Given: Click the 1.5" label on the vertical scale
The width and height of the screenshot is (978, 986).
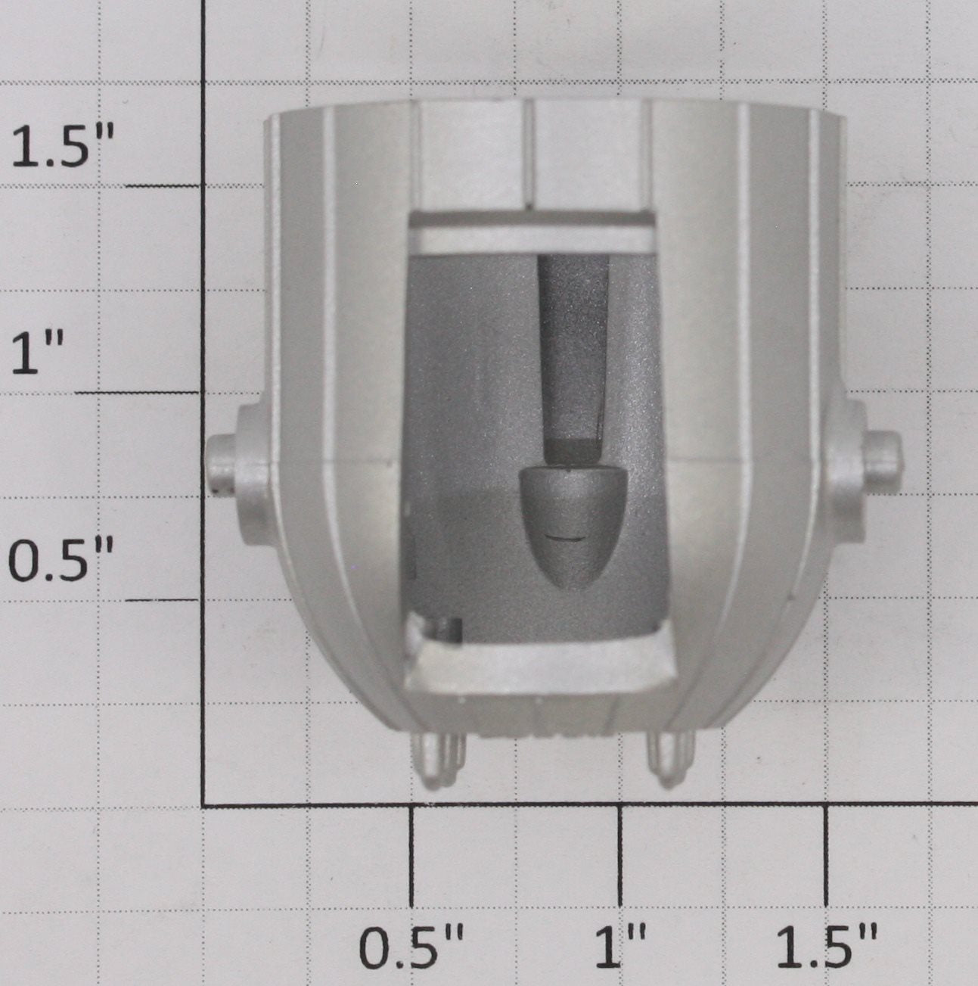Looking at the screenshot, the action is (x=64, y=146).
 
